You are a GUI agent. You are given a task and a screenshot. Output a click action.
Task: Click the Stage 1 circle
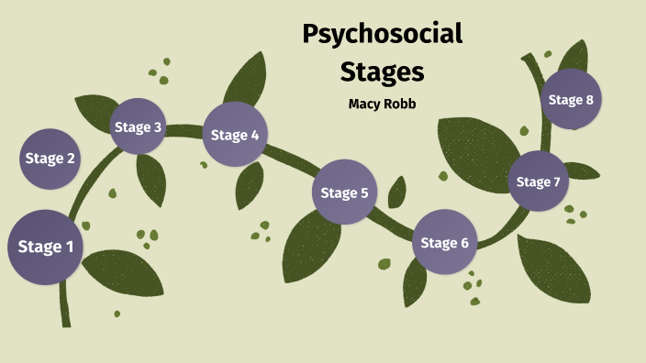(46, 247)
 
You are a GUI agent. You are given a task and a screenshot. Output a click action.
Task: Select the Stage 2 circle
(50, 159)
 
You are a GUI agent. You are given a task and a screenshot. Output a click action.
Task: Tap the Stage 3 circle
(138, 126)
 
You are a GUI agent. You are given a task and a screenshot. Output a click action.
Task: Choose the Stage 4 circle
(235, 135)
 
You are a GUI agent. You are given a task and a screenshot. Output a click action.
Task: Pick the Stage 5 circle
(345, 192)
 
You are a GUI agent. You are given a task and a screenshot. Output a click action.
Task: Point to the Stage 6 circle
(445, 243)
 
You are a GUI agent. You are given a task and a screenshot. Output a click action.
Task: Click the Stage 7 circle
(538, 181)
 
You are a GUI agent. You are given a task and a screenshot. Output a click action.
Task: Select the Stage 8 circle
(571, 99)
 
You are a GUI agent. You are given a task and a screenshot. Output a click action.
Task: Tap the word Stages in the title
(383, 71)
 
